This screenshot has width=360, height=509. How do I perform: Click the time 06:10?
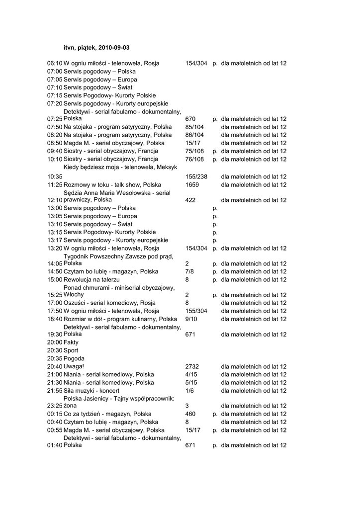[x=55, y=64]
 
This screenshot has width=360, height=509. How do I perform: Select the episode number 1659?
[x=192, y=184]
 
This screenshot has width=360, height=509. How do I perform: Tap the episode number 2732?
[x=192, y=366]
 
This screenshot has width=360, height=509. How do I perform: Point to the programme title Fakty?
[x=71, y=342]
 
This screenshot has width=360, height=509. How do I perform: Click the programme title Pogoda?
[x=74, y=358]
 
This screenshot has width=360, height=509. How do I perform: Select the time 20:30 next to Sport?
[x=55, y=350]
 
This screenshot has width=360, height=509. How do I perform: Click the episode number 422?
[x=190, y=200]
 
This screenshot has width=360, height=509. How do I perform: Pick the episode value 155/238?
[x=196, y=176]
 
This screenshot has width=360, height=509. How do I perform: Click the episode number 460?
[x=190, y=414]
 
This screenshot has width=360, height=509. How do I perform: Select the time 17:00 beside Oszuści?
[x=55, y=303]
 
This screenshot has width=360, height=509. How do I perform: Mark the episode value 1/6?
[x=189, y=391]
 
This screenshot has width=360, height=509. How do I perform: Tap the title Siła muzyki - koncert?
[x=91, y=391]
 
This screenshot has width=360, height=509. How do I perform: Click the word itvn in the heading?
[x=69, y=48]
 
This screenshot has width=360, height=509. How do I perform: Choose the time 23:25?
[x=55, y=406]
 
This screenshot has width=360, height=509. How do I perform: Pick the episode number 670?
[x=190, y=119]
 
